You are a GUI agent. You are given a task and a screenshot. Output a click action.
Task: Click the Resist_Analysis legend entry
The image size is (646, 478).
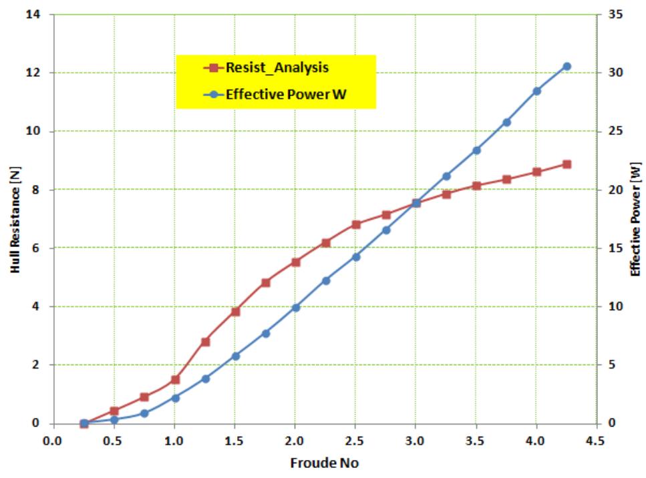pyautogui.click(x=276, y=67)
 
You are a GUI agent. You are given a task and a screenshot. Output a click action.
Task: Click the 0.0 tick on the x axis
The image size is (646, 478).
pyautogui.click(x=53, y=441)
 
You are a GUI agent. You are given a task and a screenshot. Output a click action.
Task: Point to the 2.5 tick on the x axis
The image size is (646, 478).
pyautogui.click(x=355, y=441)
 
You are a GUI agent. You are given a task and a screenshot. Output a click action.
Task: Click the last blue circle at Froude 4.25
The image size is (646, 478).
pyautogui.click(x=567, y=66)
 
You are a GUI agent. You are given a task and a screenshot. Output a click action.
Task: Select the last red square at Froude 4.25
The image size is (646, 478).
pyautogui.click(x=567, y=164)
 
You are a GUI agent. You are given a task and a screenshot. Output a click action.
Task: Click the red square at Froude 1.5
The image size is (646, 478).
pyautogui.click(x=235, y=311)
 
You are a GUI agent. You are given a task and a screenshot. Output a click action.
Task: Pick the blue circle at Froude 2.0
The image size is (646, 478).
pyautogui.click(x=295, y=308)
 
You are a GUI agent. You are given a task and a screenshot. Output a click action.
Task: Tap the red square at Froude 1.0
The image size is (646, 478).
pyautogui.click(x=175, y=379)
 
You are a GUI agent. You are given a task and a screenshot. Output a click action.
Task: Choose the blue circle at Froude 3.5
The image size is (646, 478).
pyautogui.click(x=476, y=150)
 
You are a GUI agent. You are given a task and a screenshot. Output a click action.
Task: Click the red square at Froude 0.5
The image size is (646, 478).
pyautogui.click(x=114, y=411)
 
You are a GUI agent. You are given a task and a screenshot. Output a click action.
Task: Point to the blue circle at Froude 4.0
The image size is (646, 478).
pyautogui.click(x=536, y=91)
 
